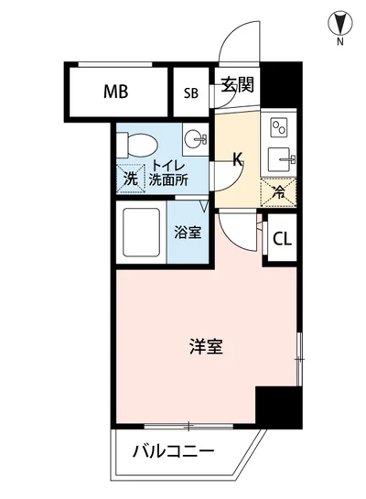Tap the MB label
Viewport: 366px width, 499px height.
point(115,92)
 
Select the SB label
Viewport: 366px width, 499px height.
point(190,92)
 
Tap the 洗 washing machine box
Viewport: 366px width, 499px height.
point(132,179)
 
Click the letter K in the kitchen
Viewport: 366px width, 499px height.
point(237,159)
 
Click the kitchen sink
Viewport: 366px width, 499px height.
point(279,157)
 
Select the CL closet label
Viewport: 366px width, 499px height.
point(283,241)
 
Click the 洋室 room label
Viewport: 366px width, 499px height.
point(207,347)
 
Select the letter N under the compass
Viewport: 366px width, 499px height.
point(339,41)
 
